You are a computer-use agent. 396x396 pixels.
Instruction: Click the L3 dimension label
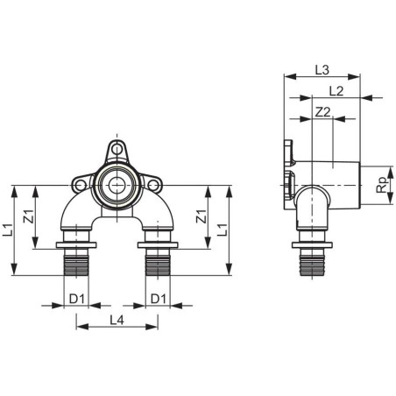(322, 70)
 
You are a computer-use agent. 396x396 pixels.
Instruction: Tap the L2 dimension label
(336, 91)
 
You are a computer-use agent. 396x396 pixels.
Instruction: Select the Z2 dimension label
(323, 112)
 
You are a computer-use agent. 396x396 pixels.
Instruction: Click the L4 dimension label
(117, 321)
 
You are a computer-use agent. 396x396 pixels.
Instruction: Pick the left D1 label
(77, 299)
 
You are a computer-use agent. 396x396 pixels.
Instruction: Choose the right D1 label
(159, 299)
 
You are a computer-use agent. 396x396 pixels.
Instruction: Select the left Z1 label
(29, 216)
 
